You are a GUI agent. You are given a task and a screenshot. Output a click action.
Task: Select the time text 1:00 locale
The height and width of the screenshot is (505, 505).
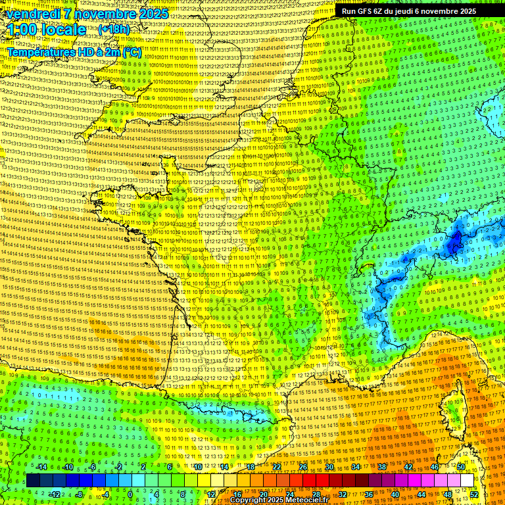tap(47, 30)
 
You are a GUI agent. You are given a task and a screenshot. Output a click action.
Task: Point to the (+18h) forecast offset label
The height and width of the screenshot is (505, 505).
tap(114, 30)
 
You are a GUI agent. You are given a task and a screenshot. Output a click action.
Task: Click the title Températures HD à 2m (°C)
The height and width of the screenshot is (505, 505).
tap(74, 52)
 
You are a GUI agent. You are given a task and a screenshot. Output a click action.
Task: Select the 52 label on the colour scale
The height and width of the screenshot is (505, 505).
tap(473, 494)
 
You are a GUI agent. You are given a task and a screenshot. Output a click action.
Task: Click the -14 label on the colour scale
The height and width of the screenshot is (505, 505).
tap(41, 467)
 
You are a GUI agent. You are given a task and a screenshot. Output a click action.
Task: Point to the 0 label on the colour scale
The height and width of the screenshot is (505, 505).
tap(130, 494)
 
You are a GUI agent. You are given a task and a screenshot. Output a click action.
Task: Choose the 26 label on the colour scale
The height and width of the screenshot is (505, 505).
tap(302, 467)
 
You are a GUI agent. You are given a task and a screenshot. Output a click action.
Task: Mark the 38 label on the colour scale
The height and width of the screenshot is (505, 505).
tap(381, 467)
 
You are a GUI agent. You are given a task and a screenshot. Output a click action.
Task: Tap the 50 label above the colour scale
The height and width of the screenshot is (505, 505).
tap(460, 467)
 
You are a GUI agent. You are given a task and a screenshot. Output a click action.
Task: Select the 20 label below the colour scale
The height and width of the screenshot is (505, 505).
tap(263, 494)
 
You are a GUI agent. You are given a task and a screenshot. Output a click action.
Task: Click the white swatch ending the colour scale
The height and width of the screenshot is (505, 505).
tap(467, 481)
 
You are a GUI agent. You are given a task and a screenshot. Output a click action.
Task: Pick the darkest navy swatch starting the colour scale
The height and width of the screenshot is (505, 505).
tap(33, 481)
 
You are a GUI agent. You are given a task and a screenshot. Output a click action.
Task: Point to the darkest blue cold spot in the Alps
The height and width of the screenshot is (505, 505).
tap(454, 244)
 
